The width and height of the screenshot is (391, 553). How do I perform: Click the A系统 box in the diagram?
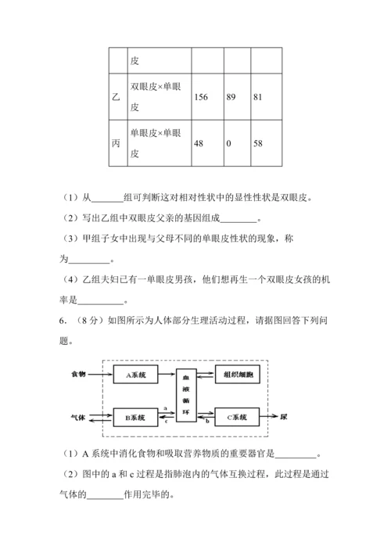(x=136, y=375)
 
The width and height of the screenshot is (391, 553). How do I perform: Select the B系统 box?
(x=136, y=417)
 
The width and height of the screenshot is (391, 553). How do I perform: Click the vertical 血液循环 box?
(x=186, y=396)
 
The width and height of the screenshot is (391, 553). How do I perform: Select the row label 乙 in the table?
(x=116, y=98)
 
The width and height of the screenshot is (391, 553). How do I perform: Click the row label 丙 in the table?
(x=116, y=144)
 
